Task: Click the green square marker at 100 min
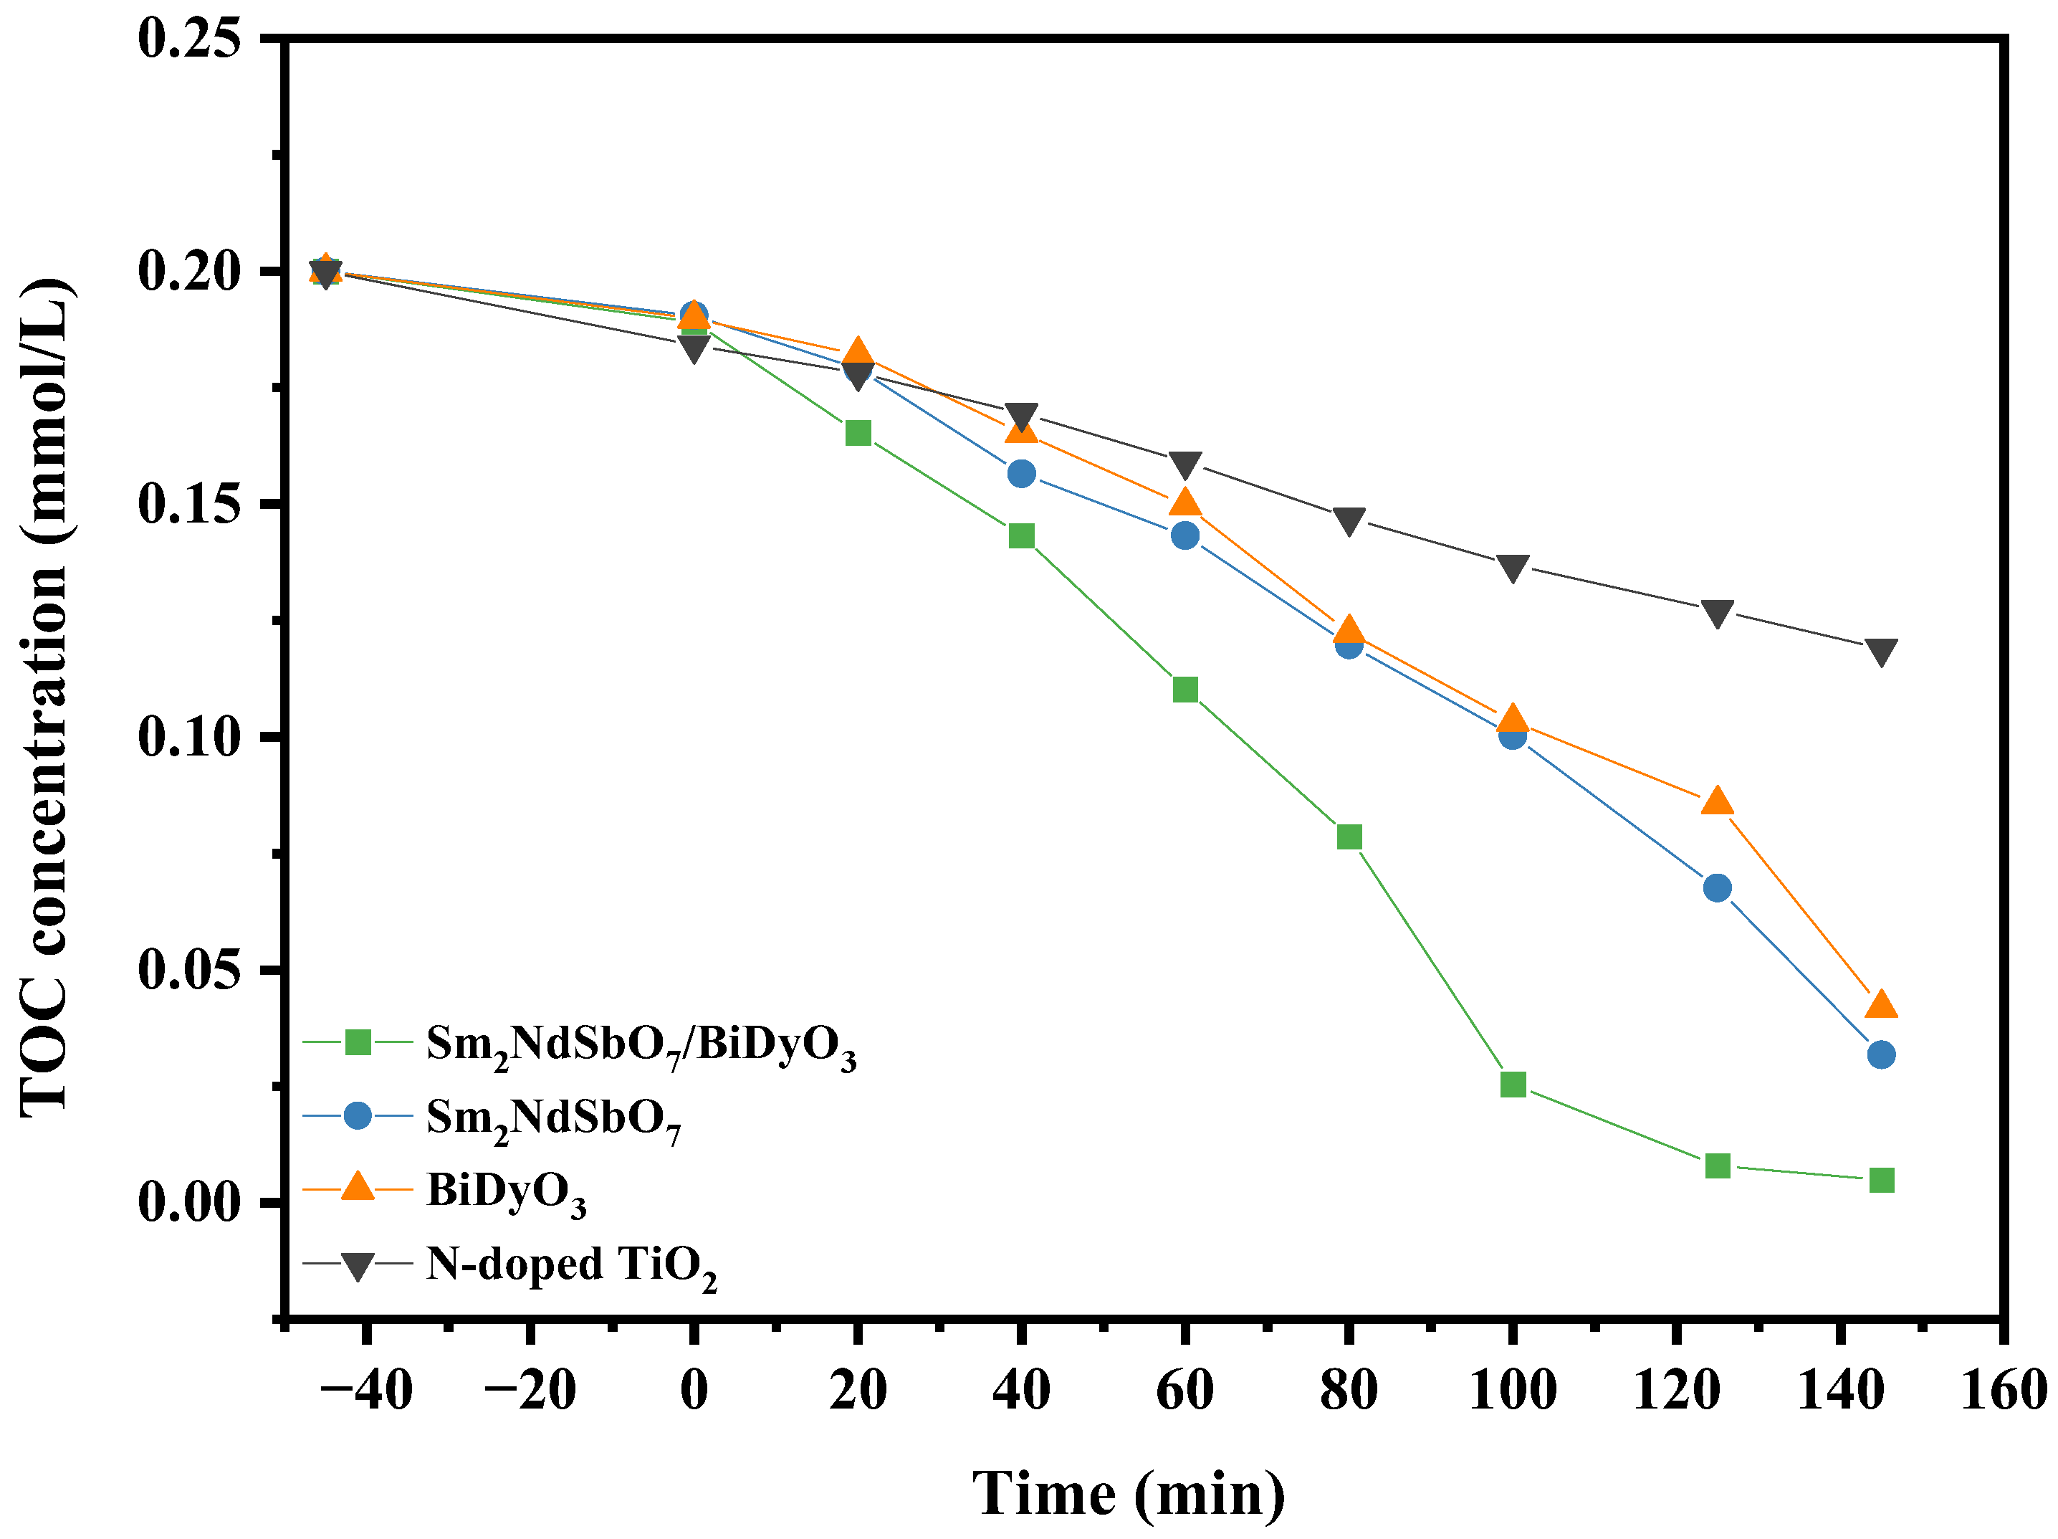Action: pyautogui.click(x=1513, y=1084)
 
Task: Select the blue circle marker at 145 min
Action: pyautogui.click(x=1881, y=1054)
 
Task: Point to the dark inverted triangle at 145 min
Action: pyautogui.click(x=1881, y=652)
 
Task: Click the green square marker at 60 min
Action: pyautogui.click(x=1185, y=690)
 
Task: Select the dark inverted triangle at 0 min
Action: pyautogui.click(x=693, y=349)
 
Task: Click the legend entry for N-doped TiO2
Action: pyautogui.click(x=570, y=1264)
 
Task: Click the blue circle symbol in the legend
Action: pyautogui.click(x=358, y=1115)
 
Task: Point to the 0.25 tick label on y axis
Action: pyautogui.click(x=190, y=39)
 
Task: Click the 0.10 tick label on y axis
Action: pyautogui.click(x=190, y=737)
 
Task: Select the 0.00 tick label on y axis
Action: pyautogui.click(x=190, y=1202)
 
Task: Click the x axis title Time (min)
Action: pyautogui.click(x=1129, y=1493)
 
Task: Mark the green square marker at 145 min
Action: pyautogui.click(x=1881, y=1180)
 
